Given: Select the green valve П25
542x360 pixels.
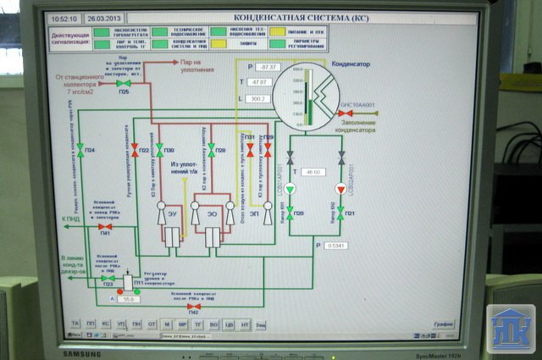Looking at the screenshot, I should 124,83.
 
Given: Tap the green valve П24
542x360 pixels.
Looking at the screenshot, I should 80,148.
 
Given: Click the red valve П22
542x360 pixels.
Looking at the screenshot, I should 135,148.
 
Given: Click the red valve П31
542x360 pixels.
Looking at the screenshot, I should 250,146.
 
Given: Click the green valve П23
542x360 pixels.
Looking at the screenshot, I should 107,278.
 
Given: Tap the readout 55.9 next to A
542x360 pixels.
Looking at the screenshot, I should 130,299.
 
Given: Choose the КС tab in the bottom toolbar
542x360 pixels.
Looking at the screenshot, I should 105,324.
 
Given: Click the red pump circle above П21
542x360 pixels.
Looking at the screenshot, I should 340,188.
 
